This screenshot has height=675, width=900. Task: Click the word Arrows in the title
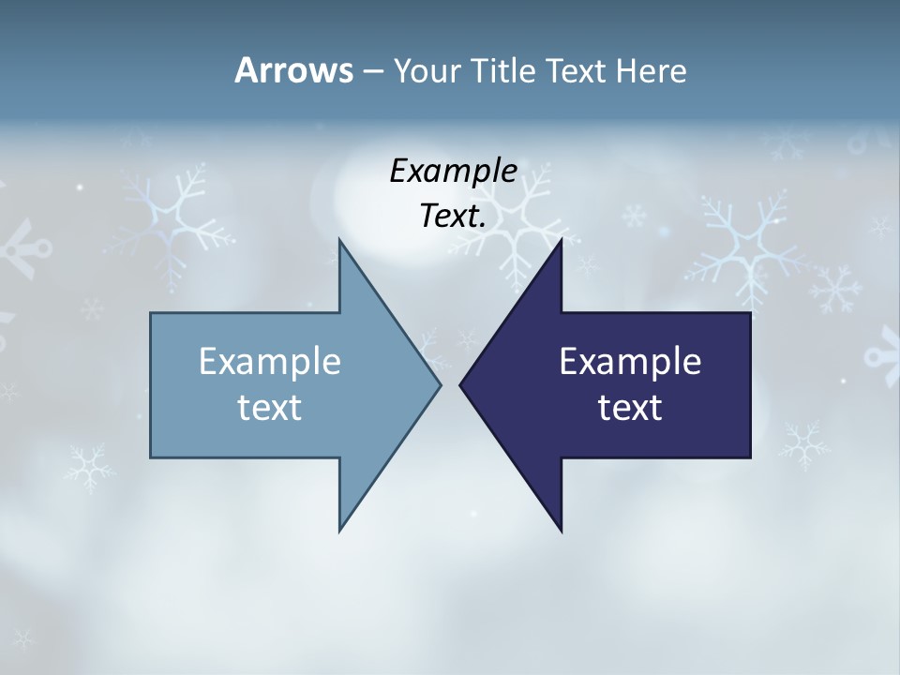point(292,70)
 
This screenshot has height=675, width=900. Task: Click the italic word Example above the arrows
point(453,171)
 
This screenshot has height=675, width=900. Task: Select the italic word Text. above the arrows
point(453,216)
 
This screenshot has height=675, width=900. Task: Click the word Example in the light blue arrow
point(270,361)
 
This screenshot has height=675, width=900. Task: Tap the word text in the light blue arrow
point(270,407)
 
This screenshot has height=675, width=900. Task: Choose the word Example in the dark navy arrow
point(630,361)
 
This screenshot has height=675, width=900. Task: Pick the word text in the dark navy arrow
point(630,407)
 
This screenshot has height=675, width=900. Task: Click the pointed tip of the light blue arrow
point(441,384)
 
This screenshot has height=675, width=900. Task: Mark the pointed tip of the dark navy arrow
point(460,384)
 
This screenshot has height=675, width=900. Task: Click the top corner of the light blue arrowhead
point(339,239)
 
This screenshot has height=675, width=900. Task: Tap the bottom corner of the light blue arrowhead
point(339,532)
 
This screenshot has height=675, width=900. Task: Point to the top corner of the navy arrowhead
point(562,239)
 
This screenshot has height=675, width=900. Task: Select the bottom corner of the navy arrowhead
point(562,532)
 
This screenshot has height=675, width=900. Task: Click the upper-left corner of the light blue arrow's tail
point(151,313)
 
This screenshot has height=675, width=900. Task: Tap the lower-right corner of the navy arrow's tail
point(750,457)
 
